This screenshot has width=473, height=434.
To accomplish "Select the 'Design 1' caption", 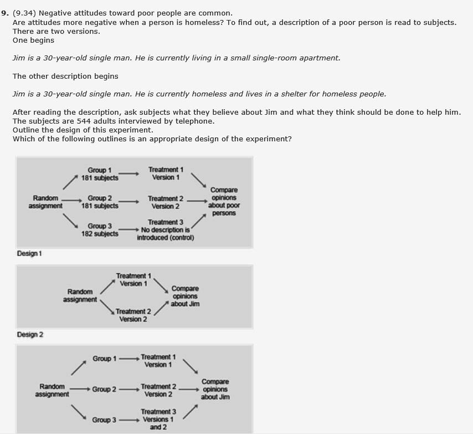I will pos(29,253).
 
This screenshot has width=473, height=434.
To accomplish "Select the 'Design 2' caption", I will pos(30,334).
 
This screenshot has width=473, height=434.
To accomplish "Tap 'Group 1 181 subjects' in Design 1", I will pos(100,174).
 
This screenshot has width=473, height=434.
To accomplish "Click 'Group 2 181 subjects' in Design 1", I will pos(100,202).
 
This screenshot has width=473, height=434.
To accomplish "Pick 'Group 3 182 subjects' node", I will pos(100,230).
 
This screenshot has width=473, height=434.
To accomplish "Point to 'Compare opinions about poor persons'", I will pos(224,202).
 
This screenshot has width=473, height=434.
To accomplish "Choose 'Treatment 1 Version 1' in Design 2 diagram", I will pos(133,280).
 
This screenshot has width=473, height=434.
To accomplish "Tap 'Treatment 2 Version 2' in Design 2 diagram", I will pos(133,315).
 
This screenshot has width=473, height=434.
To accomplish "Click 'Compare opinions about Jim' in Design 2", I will pos(185,296).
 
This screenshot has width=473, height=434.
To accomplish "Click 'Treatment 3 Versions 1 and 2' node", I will pos(158,420).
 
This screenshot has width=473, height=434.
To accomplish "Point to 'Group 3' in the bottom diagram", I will pos(104,420).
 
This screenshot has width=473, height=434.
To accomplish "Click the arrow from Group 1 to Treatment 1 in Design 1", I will pos(128,173).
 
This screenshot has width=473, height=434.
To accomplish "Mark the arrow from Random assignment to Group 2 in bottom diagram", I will pos(80,389).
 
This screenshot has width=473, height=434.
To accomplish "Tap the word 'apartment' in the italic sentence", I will pos(320,58).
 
